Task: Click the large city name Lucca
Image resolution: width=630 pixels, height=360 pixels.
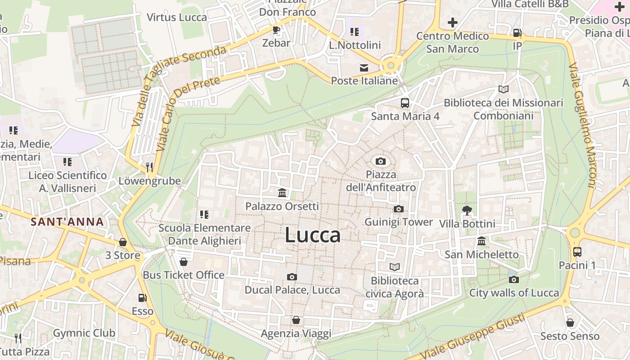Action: [313, 235]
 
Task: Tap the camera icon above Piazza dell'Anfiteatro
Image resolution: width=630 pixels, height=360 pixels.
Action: [380, 161]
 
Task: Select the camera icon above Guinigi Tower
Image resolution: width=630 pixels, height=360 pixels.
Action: [398, 209]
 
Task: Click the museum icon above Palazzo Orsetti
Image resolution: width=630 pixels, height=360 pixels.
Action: [282, 193]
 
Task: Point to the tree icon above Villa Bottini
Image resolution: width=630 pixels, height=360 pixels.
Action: [467, 210]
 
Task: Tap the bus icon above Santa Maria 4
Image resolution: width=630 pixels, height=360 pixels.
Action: [405, 103]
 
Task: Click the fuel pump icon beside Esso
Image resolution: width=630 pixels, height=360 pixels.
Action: [142, 297]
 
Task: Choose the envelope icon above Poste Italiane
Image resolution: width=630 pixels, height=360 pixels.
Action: [364, 68]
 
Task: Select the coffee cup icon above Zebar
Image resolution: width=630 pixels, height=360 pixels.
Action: [276, 30]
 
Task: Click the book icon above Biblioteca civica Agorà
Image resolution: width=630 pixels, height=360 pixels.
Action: [395, 267]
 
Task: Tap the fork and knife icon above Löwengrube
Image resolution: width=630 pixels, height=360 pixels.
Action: [149, 167]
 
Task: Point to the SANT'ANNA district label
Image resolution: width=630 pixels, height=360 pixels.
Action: [67, 221]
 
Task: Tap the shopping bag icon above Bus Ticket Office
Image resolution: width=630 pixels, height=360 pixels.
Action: [183, 261]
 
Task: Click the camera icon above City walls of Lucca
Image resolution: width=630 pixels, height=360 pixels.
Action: [514, 279]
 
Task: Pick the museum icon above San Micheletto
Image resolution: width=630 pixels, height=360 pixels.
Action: [481, 241]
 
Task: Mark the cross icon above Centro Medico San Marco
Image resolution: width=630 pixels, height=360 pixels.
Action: [453, 22]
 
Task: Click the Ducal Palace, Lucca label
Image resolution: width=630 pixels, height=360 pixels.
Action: [292, 290]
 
